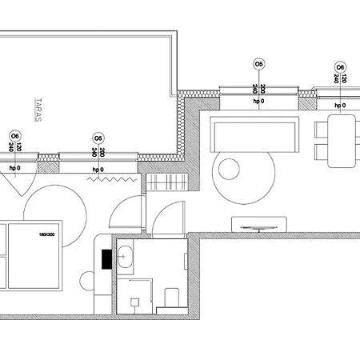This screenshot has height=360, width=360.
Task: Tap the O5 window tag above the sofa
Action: [x=258, y=62]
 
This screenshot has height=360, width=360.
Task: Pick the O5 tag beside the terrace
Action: [x=98, y=137]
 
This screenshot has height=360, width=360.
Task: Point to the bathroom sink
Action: [x=126, y=258]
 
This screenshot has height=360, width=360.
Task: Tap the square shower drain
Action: [x=135, y=302]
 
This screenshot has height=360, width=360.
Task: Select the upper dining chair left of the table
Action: [x=321, y=128]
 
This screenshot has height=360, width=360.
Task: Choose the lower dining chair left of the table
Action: [x=321, y=151]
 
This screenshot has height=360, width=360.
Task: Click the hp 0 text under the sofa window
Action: [x=258, y=105]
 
